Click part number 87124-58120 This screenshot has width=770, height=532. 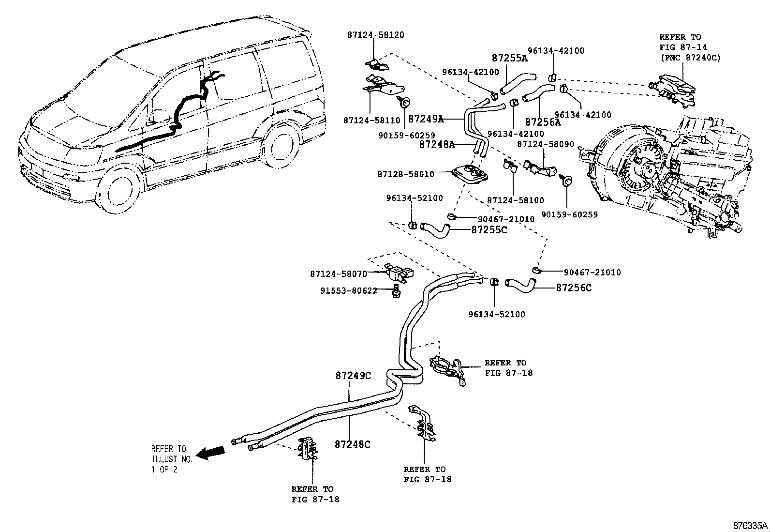[x=375, y=35]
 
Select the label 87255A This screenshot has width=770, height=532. [x=509, y=58]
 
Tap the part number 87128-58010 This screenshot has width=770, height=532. [x=405, y=174]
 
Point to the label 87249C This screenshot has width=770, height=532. [x=353, y=376]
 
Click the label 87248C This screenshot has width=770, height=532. [x=353, y=444]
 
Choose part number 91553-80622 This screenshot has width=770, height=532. [x=348, y=291]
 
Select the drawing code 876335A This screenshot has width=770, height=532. [x=750, y=525]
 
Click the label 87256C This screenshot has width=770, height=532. [x=574, y=288]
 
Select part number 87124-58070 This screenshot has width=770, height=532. [x=338, y=274]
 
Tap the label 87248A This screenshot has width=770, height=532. [x=437, y=144]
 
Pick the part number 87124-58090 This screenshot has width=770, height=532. [x=546, y=144]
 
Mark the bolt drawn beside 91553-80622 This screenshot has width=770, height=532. [x=396, y=291]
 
